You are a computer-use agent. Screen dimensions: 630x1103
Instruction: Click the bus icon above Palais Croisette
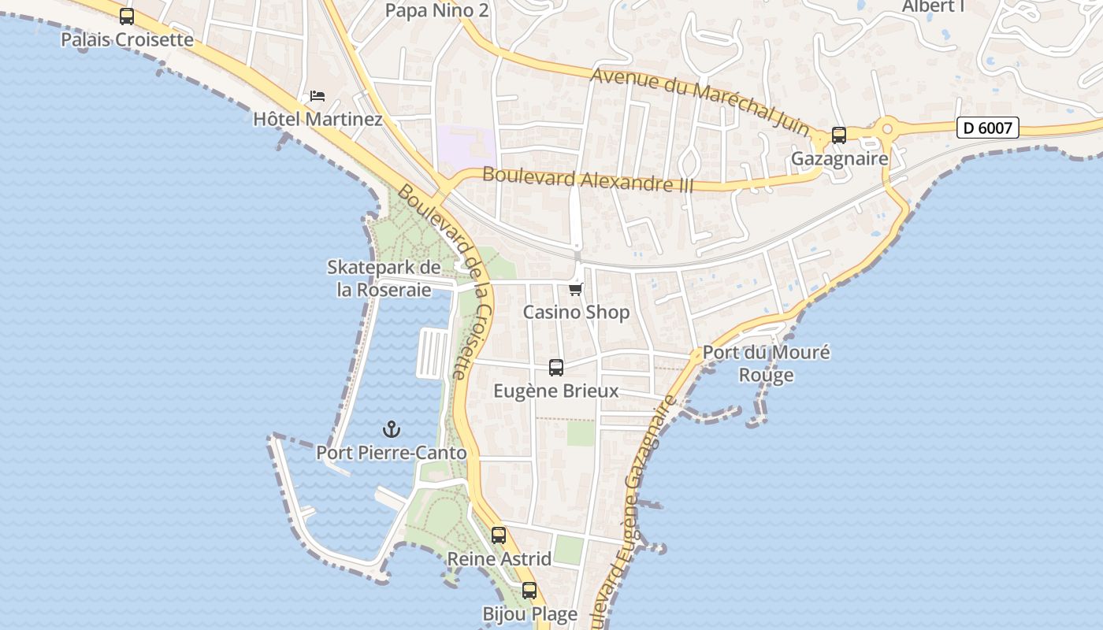(127, 17)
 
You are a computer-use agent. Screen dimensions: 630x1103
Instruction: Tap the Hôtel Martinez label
(318, 120)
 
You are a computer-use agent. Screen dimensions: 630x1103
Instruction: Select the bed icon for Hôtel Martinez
(318, 97)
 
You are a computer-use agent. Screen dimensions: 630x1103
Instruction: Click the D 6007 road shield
(988, 128)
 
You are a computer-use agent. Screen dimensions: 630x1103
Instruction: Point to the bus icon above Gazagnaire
(839, 135)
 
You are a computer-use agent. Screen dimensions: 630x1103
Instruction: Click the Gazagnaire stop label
(839, 158)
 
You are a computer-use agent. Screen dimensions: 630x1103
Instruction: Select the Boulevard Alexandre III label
(588, 180)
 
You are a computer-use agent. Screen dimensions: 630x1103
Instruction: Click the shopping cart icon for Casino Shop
(576, 289)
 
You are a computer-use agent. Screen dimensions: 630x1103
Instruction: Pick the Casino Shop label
(576, 313)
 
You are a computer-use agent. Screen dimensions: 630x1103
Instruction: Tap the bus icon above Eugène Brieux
(556, 367)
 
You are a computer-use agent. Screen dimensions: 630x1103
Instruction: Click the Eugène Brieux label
(556, 391)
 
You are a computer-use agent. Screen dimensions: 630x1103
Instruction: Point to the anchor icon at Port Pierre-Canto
(392, 429)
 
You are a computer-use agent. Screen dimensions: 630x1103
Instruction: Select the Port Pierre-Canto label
(392, 453)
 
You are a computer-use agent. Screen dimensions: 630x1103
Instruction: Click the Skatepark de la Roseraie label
(384, 279)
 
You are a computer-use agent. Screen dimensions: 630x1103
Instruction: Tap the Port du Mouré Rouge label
(766, 363)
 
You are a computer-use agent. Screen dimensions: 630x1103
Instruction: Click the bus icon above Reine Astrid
(499, 535)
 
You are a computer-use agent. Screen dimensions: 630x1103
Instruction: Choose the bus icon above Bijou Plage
(529, 591)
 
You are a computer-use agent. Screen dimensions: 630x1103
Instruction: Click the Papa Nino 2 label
(437, 10)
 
